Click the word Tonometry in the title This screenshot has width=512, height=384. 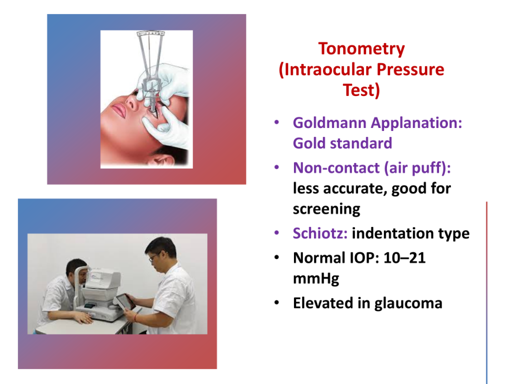361,49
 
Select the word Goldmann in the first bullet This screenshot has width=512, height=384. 330,123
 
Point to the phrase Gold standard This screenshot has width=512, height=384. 342,143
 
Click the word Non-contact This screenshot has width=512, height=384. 336,168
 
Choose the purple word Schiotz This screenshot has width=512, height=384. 320,233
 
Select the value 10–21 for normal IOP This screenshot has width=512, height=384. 404,258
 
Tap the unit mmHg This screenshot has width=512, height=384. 316,279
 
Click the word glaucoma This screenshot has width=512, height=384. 408,303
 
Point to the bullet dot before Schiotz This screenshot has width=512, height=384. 277,233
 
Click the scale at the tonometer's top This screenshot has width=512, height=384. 150,33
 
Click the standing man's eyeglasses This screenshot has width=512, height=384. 154,257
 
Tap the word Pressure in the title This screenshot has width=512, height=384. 410,69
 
